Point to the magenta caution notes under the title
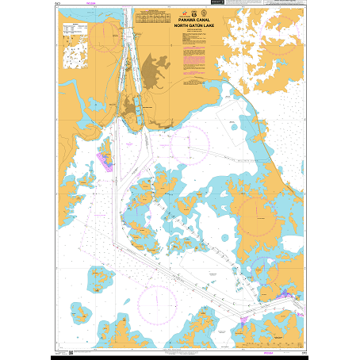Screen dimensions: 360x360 pyautogui.click(x=193, y=63)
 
